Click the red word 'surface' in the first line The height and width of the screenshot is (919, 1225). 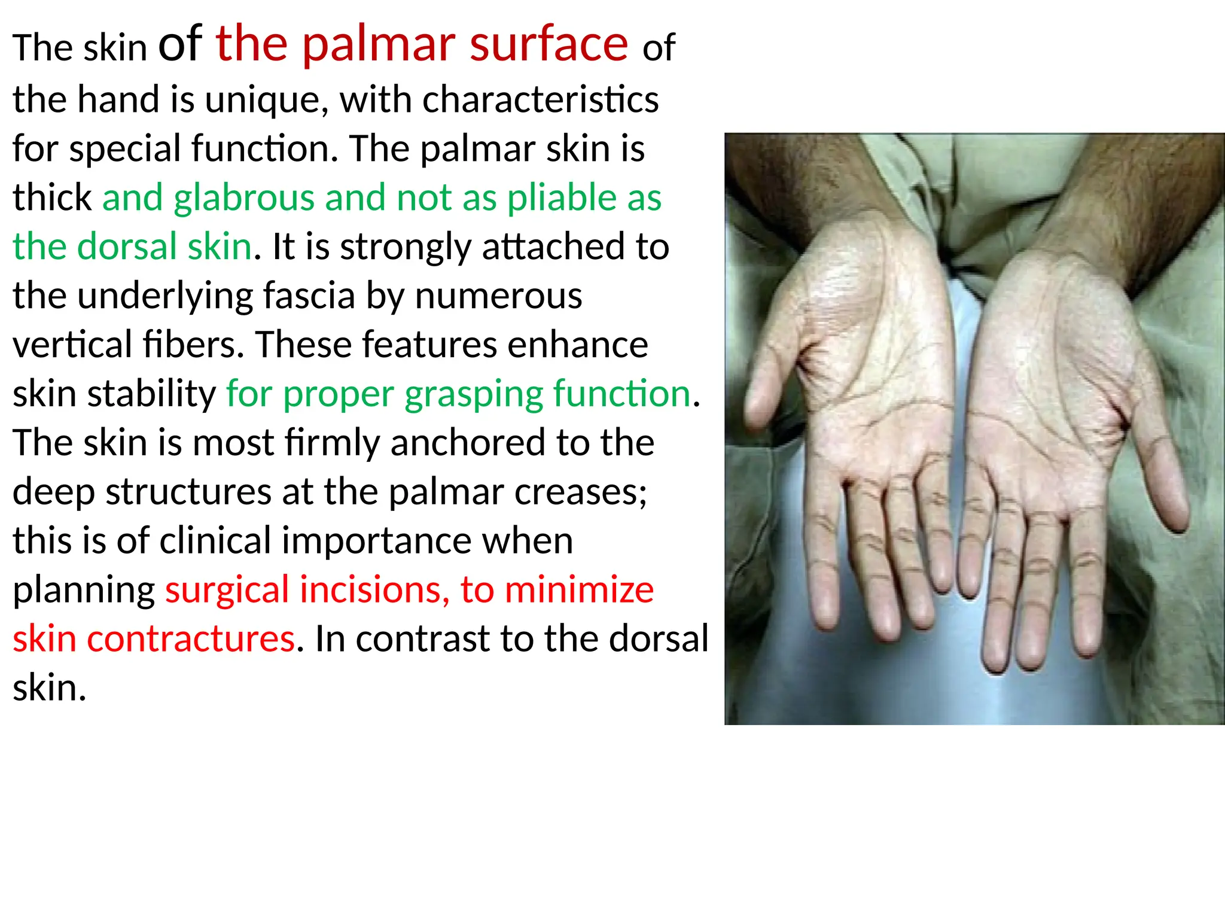click(x=548, y=45)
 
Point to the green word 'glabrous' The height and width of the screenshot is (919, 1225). click(x=243, y=197)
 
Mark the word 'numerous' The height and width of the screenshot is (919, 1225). click(x=498, y=296)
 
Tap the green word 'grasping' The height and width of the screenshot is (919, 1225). click(x=473, y=395)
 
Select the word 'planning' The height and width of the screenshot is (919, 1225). click(x=84, y=591)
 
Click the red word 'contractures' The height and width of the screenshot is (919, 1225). click(x=191, y=639)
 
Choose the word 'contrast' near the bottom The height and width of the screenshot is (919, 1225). click(x=422, y=639)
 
